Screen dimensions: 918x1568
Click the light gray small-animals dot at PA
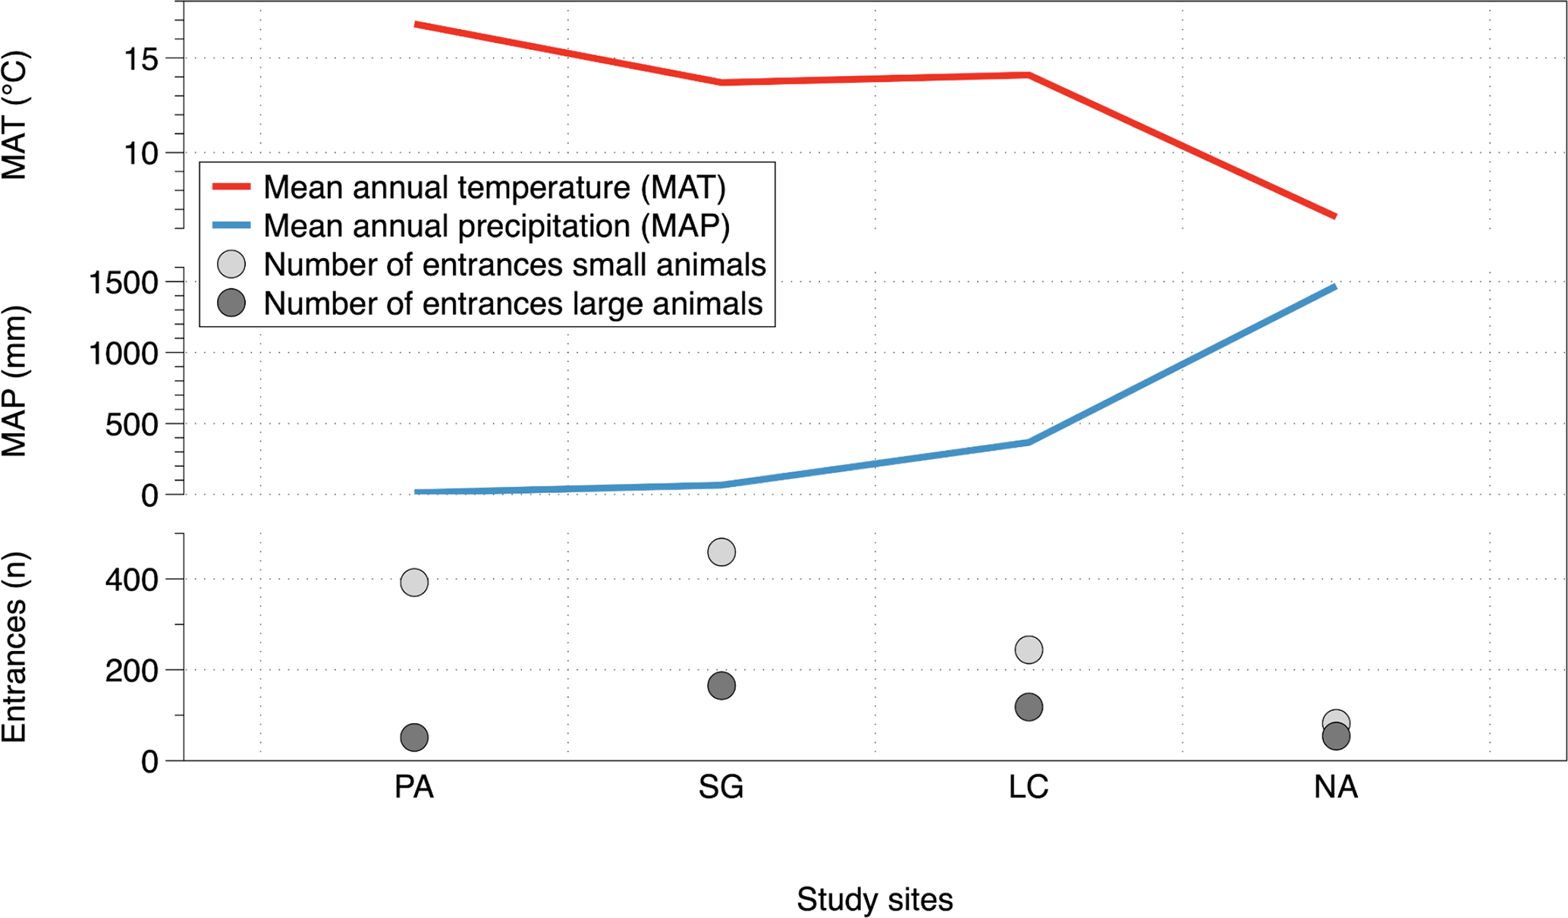pyautogui.click(x=414, y=583)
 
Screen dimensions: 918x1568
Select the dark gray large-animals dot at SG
pyautogui.click(x=721, y=686)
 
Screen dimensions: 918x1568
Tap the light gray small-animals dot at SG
pyautogui.click(x=721, y=552)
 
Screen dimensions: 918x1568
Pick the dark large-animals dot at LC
pyautogui.click(x=1029, y=707)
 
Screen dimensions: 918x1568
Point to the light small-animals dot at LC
pyautogui.click(x=1029, y=649)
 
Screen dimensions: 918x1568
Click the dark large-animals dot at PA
pyautogui.click(x=414, y=737)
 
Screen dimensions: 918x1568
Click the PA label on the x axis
pyautogui.click(x=414, y=788)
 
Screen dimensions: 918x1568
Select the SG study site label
pyautogui.click(x=721, y=788)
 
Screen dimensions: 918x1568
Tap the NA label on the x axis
pyautogui.click(x=1336, y=788)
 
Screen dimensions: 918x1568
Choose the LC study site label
pyautogui.click(x=1029, y=788)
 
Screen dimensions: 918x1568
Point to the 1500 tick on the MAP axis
pyautogui.click(x=124, y=283)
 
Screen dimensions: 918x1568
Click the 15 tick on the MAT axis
pyautogui.click(x=141, y=59)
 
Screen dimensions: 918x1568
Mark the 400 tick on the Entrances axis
pyautogui.click(x=131, y=580)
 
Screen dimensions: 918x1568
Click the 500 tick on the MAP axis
pyautogui.click(x=131, y=425)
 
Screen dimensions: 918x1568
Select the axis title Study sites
pyautogui.click(x=875, y=900)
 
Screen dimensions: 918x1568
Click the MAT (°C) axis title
pyautogui.click(x=15, y=115)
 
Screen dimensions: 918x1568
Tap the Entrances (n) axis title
pyautogui.click(x=15, y=647)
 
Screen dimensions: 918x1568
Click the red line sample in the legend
pyautogui.click(x=231, y=187)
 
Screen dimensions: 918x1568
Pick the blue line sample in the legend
pyautogui.click(x=231, y=225)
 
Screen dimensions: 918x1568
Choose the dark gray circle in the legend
pyautogui.click(x=231, y=303)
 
